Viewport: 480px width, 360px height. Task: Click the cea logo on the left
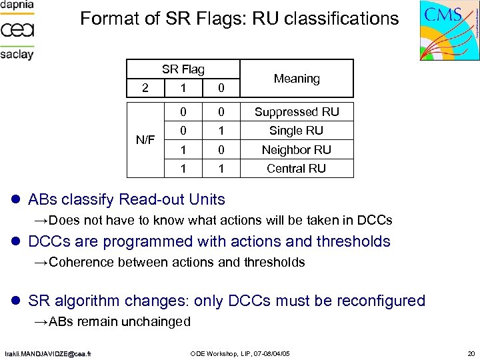pyautogui.click(x=17, y=30)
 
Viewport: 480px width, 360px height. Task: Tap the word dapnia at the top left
pyautogui.click(x=17, y=5)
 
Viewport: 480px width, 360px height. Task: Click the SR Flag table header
pyautogui.click(x=183, y=69)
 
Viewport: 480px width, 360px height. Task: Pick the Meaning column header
pyautogui.click(x=297, y=79)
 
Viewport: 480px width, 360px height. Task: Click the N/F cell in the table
pyautogui.click(x=145, y=140)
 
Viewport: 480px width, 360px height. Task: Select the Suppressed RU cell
pyautogui.click(x=297, y=111)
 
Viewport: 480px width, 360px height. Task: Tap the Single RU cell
pyautogui.click(x=297, y=130)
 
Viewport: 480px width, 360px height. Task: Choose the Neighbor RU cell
pyautogui.click(x=297, y=149)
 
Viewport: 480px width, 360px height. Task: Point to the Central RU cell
pyautogui.click(x=297, y=168)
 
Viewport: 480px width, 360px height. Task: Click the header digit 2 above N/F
pyautogui.click(x=145, y=87)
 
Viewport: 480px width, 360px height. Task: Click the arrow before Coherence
pyautogui.click(x=41, y=262)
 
